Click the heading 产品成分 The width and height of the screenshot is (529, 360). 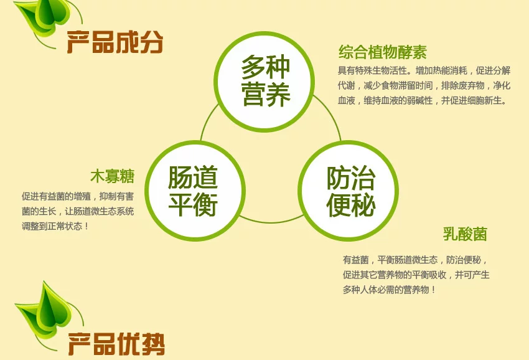(115, 42)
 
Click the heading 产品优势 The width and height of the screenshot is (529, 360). (116, 344)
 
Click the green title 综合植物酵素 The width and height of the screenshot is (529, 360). (383, 52)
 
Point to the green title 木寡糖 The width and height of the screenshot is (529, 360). (113, 176)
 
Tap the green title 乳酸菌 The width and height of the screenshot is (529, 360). (465, 234)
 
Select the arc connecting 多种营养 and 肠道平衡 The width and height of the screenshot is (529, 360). (207, 120)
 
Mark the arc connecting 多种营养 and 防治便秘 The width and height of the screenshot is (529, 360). (331, 115)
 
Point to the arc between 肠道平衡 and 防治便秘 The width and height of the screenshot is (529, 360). (271, 222)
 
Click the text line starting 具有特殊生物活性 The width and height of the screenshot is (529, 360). (424, 70)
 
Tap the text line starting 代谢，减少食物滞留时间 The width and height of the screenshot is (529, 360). (424, 85)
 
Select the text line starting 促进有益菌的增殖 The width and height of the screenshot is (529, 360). (78, 196)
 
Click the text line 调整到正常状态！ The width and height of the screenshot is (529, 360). (55, 226)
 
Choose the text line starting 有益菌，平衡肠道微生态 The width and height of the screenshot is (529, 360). (415, 260)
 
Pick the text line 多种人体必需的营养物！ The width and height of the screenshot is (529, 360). (390, 290)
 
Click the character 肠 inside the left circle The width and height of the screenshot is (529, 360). (180, 178)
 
